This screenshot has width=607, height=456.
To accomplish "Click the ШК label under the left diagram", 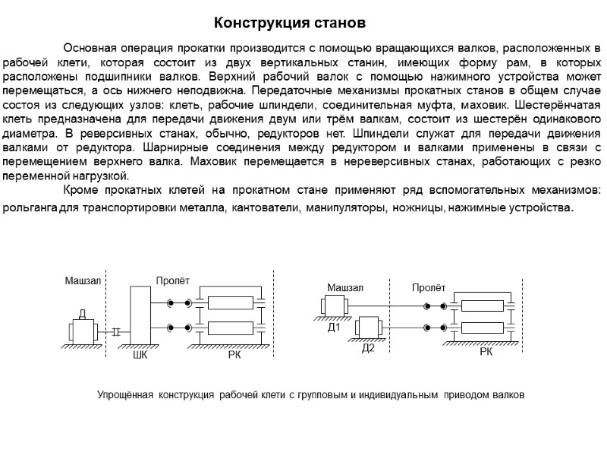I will (140, 354).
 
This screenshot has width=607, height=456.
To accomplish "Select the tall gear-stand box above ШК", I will (140, 315).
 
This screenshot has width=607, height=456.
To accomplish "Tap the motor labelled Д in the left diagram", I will (83, 332).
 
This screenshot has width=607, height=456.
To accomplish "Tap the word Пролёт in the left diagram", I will (173, 282).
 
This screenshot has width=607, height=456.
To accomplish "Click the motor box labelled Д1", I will (335, 306).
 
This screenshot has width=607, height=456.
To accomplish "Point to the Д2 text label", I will (369, 348).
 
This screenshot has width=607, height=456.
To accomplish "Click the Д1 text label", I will (333, 328).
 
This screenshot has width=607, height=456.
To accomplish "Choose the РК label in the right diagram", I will (486, 353).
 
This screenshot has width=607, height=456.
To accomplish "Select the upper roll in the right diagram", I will (481, 306).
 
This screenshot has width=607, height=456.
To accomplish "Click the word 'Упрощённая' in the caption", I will (124, 395).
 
